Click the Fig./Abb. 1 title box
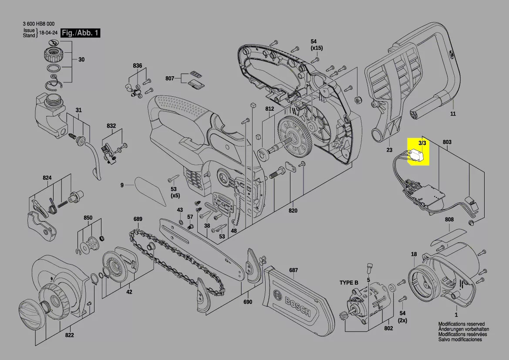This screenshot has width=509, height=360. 81,33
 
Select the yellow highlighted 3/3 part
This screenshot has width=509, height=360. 418,151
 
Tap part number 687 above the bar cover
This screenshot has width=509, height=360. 293,270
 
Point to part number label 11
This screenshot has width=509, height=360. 453,114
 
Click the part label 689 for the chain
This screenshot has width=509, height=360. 138,219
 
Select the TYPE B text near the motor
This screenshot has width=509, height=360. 349,283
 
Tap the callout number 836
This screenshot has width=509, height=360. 138,66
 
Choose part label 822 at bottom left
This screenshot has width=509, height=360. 69,335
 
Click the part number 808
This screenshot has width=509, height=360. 449,220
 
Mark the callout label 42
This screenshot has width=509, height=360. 129,292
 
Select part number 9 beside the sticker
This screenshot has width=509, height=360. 122,185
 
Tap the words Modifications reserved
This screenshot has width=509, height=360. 461,324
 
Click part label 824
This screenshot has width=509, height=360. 47,178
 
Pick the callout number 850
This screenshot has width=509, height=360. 88,217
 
